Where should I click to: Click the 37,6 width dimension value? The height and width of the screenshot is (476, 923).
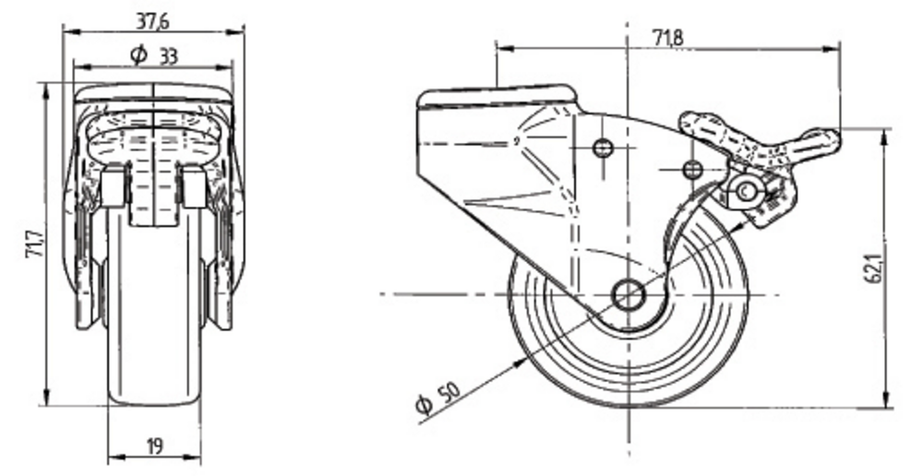(x=153, y=21)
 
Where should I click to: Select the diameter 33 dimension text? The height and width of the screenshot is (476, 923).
(x=153, y=56)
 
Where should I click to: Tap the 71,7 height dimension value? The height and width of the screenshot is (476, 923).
(x=35, y=244)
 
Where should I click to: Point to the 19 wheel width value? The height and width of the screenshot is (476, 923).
(x=154, y=446)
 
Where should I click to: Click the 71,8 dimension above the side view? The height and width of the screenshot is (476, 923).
(x=668, y=38)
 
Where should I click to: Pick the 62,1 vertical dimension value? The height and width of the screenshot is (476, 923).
(x=875, y=268)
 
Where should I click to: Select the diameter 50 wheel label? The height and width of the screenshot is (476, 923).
(x=437, y=398)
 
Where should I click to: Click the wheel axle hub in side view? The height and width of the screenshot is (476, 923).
(x=628, y=295)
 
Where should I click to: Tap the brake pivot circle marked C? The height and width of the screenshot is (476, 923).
(x=745, y=191)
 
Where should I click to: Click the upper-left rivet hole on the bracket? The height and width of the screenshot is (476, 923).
(x=601, y=148)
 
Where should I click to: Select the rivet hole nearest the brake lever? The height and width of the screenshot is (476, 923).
(x=693, y=170)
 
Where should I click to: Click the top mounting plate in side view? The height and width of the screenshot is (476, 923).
(x=497, y=97)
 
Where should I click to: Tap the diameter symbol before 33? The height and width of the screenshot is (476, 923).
(x=138, y=55)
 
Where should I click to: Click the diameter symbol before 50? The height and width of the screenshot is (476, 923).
(x=424, y=405)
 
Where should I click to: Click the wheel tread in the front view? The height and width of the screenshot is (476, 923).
(x=154, y=306)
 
